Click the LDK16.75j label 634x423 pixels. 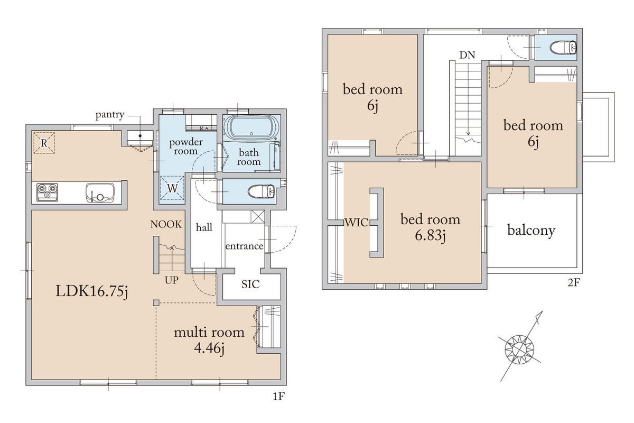pyautogui.click(x=92, y=291)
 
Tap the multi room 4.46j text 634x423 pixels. pyautogui.click(x=209, y=340)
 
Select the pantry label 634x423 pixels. pyautogui.click(x=110, y=115)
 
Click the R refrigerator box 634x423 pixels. pyautogui.click(x=44, y=143)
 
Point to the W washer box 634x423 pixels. pyautogui.click(x=172, y=188)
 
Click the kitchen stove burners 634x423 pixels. pyautogui.click(x=47, y=192)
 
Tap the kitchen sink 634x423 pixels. pyautogui.click(x=100, y=193)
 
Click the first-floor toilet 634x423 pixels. pyautogui.click(x=261, y=191)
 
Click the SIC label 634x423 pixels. pyautogui.click(x=250, y=284)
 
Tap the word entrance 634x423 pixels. pyautogui.click(x=244, y=246)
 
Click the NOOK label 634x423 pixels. pyautogui.click(x=166, y=224)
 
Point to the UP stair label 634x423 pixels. pyautogui.click(x=172, y=280)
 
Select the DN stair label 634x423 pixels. pyautogui.click(x=467, y=55)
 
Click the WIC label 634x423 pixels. pyautogui.click(x=356, y=223)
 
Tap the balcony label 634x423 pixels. pyautogui.click(x=531, y=231)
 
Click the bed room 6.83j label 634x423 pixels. pyautogui.click(x=430, y=227)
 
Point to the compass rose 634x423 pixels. pyautogui.click(x=520, y=349)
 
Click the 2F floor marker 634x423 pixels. pyautogui.click(x=574, y=283)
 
